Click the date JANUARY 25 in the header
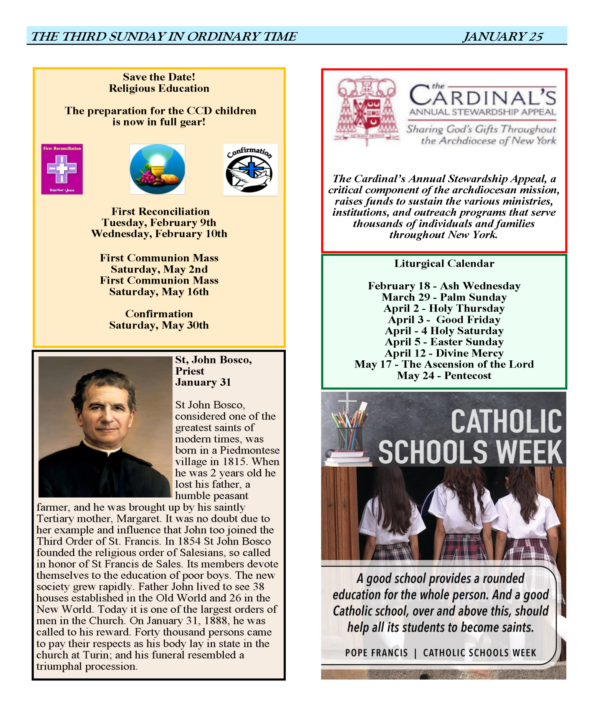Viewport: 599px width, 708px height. [x=503, y=36]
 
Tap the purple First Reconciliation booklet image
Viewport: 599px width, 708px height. [x=62, y=169]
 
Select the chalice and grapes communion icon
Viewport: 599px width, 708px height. [x=157, y=169]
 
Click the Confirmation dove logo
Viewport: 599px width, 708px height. [x=250, y=170]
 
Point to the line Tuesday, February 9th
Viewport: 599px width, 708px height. [x=159, y=223]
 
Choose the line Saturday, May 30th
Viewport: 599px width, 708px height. [x=159, y=325]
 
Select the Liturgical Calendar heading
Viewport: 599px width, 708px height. [x=444, y=264]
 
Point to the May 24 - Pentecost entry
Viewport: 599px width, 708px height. [x=444, y=376]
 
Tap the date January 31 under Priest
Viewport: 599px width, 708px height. [x=203, y=382]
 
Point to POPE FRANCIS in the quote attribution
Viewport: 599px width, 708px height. [x=376, y=653]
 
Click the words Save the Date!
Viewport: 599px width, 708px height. [x=159, y=77]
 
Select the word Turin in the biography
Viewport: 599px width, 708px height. [x=96, y=655]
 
